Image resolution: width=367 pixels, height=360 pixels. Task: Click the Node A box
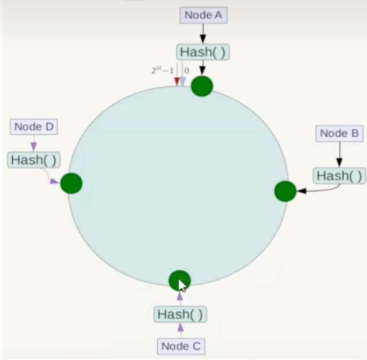(x=203, y=15)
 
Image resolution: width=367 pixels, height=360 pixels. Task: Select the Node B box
(x=339, y=134)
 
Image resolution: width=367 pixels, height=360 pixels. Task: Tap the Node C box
(x=181, y=346)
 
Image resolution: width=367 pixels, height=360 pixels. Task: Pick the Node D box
(x=33, y=127)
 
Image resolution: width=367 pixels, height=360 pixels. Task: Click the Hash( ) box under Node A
(x=203, y=52)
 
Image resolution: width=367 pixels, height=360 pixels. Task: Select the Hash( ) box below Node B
(x=339, y=176)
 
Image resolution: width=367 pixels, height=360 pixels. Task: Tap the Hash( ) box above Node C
(x=180, y=314)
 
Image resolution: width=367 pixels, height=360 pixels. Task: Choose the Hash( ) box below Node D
(x=33, y=160)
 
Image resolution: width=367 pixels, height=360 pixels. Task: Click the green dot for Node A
(x=202, y=86)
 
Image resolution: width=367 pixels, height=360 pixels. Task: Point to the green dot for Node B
(x=285, y=191)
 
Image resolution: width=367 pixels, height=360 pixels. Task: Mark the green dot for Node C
(x=179, y=280)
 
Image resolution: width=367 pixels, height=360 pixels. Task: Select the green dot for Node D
(x=71, y=183)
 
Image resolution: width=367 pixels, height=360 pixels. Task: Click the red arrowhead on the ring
(x=177, y=82)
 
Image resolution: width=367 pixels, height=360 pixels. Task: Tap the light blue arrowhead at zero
(x=182, y=82)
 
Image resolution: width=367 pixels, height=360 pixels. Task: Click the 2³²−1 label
(x=162, y=71)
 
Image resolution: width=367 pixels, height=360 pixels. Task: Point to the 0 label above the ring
(x=187, y=71)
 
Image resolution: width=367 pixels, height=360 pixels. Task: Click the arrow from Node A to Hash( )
(x=203, y=33)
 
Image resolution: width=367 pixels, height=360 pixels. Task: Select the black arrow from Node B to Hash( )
(x=339, y=154)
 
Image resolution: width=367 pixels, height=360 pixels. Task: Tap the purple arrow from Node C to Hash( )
(x=180, y=330)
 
